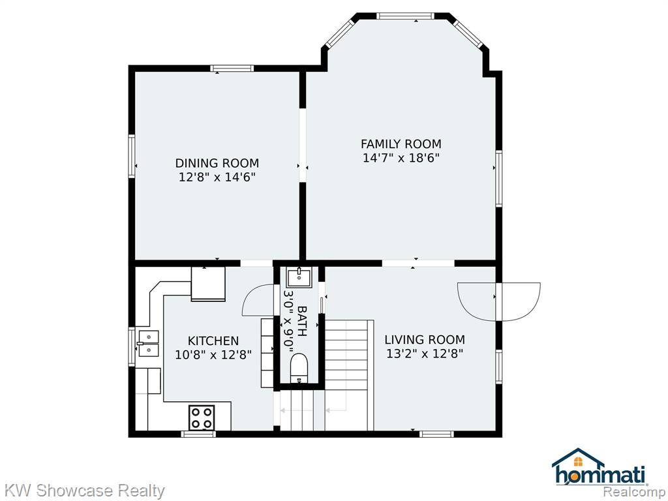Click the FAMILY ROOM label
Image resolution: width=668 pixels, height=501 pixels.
(x=401, y=144)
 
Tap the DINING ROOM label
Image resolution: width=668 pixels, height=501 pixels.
(x=217, y=163)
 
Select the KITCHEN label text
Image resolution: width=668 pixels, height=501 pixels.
(x=213, y=341)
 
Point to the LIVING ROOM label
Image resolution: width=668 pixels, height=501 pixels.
(x=425, y=339)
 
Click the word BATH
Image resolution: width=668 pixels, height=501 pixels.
(x=301, y=321)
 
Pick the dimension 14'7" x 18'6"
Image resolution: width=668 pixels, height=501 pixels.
(x=401, y=158)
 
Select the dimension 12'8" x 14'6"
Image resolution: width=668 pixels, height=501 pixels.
(x=217, y=177)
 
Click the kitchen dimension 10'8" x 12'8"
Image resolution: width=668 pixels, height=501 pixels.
(x=213, y=354)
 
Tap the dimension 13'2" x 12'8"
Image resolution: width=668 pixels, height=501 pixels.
(x=425, y=353)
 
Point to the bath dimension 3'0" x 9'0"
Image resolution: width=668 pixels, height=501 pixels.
(x=289, y=321)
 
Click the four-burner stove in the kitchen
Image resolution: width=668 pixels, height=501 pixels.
(x=202, y=417)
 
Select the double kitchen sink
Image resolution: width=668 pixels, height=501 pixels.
(x=147, y=343)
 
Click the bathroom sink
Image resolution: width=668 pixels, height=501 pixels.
(x=299, y=277)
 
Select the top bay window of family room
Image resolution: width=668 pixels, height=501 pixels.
(x=405, y=16)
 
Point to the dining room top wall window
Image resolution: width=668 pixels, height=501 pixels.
(x=232, y=68)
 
